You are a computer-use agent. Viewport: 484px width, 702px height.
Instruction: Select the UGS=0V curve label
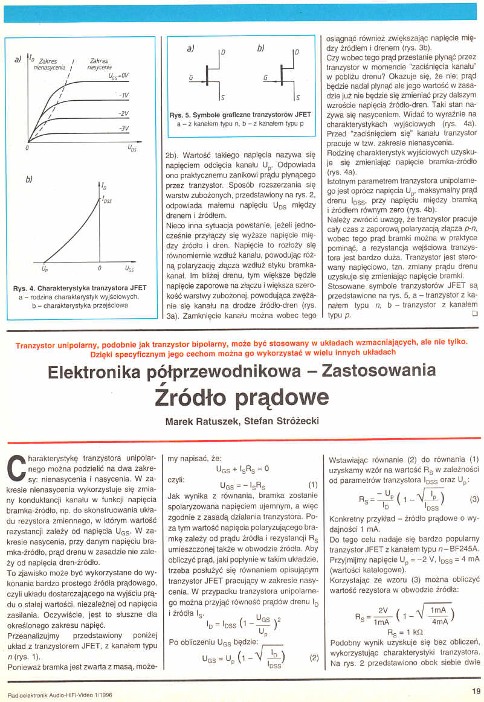119,76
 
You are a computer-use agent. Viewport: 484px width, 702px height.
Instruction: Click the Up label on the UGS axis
45,267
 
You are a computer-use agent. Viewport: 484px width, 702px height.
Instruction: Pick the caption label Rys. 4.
25,289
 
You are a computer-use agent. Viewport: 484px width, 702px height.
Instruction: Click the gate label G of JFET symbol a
190,78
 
